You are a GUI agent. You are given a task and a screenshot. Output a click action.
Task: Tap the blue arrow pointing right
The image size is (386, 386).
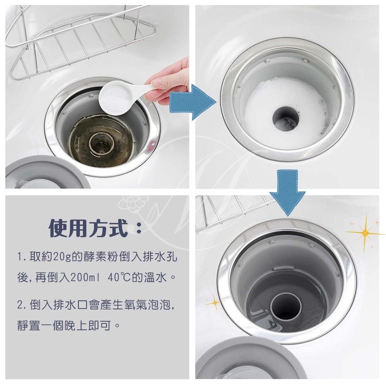pyautogui.click(x=192, y=102)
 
